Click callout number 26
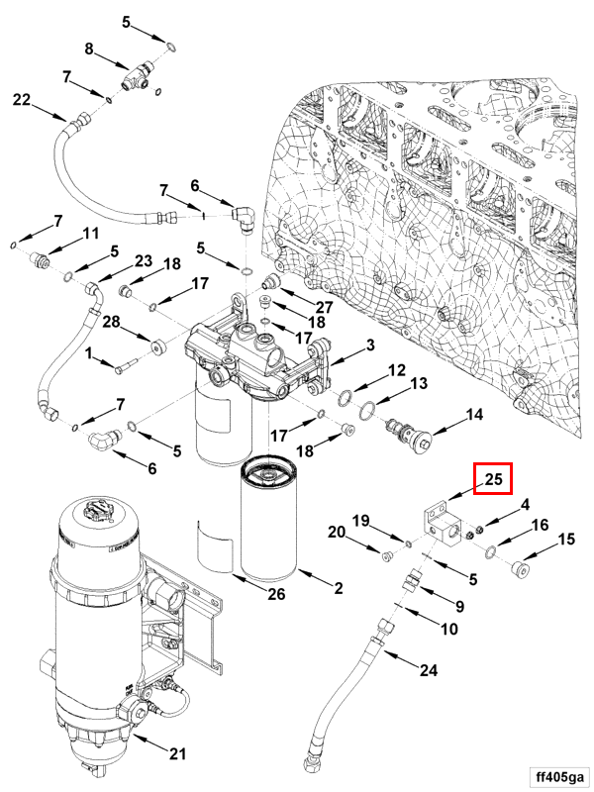tap(276, 594)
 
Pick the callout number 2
tap(338, 589)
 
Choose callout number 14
tap(475, 416)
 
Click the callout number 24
tap(428, 670)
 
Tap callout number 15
tap(566, 540)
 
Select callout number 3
tap(369, 345)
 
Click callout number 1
tap(88, 353)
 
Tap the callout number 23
tap(144, 261)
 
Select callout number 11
tap(91, 234)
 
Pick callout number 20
tap(337, 533)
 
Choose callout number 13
tap(418, 384)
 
